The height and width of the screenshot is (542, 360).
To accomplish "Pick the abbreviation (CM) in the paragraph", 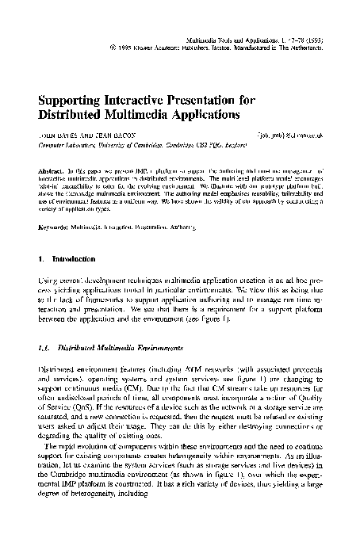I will [x=115, y=410].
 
